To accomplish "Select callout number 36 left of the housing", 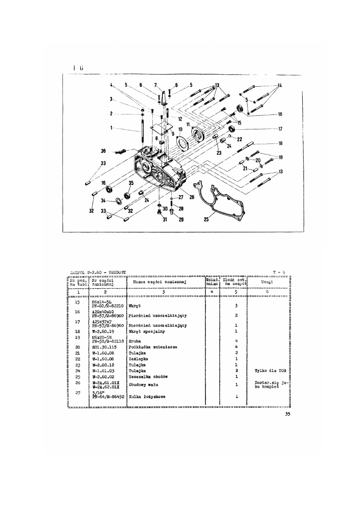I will coord(104,151).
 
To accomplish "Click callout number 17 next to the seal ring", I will coord(280,129).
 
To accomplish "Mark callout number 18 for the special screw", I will coord(280,143).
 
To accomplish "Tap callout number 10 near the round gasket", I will coord(180,129).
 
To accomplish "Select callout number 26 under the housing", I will coord(192,197).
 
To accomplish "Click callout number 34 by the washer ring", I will coord(103,200).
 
